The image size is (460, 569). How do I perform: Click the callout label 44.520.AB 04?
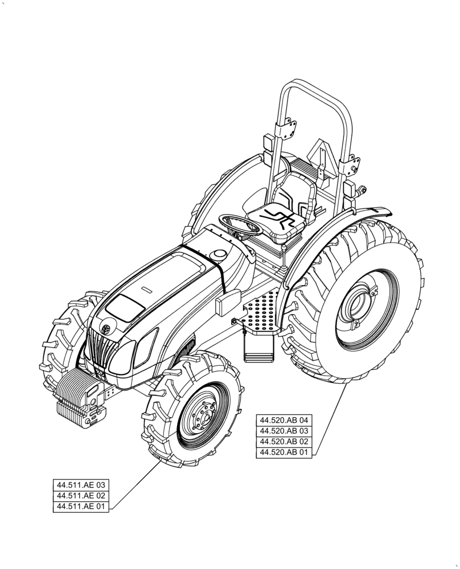(x=284, y=420)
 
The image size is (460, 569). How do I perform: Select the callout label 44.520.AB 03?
(x=284, y=431)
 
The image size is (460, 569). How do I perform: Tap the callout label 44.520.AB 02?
(x=284, y=442)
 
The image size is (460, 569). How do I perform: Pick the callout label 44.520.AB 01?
(x=284, y=452)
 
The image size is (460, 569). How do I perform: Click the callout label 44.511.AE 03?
(x=80, y=485)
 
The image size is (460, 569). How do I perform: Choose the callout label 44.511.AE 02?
(x=80, y=496)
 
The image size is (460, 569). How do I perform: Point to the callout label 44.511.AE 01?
(x=80, y=506)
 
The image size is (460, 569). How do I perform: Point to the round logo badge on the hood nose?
(x=106, y=328)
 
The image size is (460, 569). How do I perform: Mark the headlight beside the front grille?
(x=121, y=357)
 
